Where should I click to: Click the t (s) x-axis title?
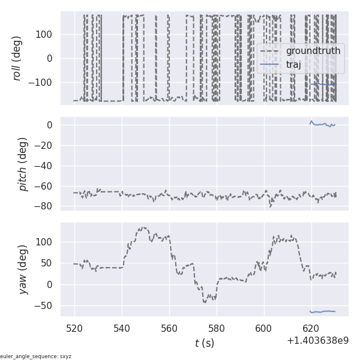coord(204,343)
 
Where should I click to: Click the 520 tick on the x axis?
coord(75,328)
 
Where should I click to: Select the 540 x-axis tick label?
coord(122,328)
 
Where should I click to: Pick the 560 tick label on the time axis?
coord(169,328)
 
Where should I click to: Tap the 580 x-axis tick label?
coord(217,328)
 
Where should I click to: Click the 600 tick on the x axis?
coord(263,328)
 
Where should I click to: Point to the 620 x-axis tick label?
coord(311,328)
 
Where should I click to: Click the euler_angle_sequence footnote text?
coord(36,356)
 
